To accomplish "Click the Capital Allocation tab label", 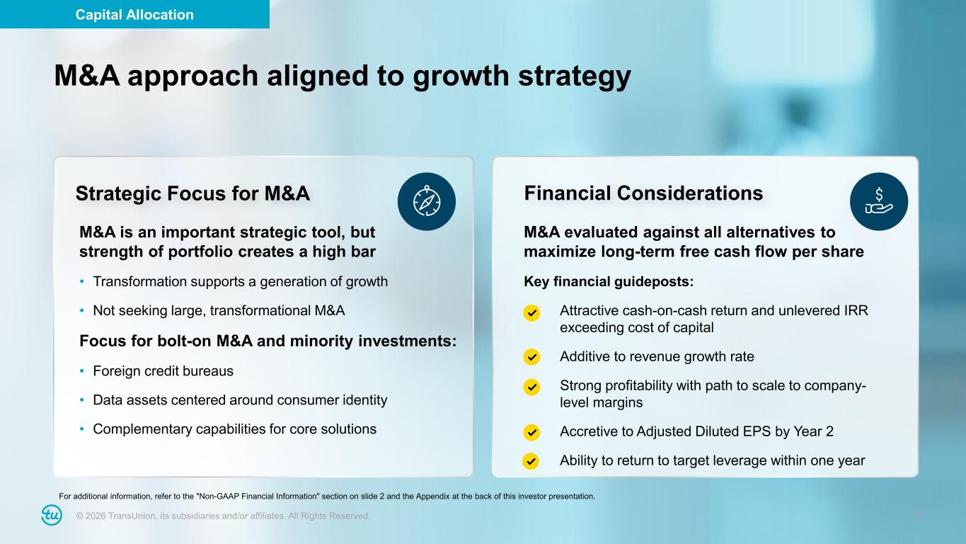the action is (x=134, y=15).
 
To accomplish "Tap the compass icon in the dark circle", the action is (x=427, y=202).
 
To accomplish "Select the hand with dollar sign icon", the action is (x=879, y=202).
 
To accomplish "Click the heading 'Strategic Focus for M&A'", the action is (x=192, y=193).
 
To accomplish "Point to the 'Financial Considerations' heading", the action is (x=643, y=193).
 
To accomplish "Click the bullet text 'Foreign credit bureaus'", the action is (x=163, y=371).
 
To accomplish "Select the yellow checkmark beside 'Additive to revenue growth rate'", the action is (x=531, y=357).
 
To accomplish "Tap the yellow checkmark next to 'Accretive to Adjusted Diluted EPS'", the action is (x=531, y=432).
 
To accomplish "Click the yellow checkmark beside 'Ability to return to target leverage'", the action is (x=531, y=461).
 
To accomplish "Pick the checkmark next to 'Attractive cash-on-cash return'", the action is (x=531, y=313).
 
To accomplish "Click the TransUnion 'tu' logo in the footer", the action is (x=52, y=515).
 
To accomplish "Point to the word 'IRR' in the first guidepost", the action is (x=856, y=310).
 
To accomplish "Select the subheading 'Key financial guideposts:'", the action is (x=609, y=281).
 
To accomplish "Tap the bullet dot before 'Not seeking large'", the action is (x=82, y=310).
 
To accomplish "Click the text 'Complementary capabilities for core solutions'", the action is (x=235, y=429).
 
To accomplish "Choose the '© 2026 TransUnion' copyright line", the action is (x=223, y=516).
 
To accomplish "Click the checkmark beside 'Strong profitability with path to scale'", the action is (x=531, y=387).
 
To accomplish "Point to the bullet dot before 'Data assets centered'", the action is (x=82, y=399).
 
